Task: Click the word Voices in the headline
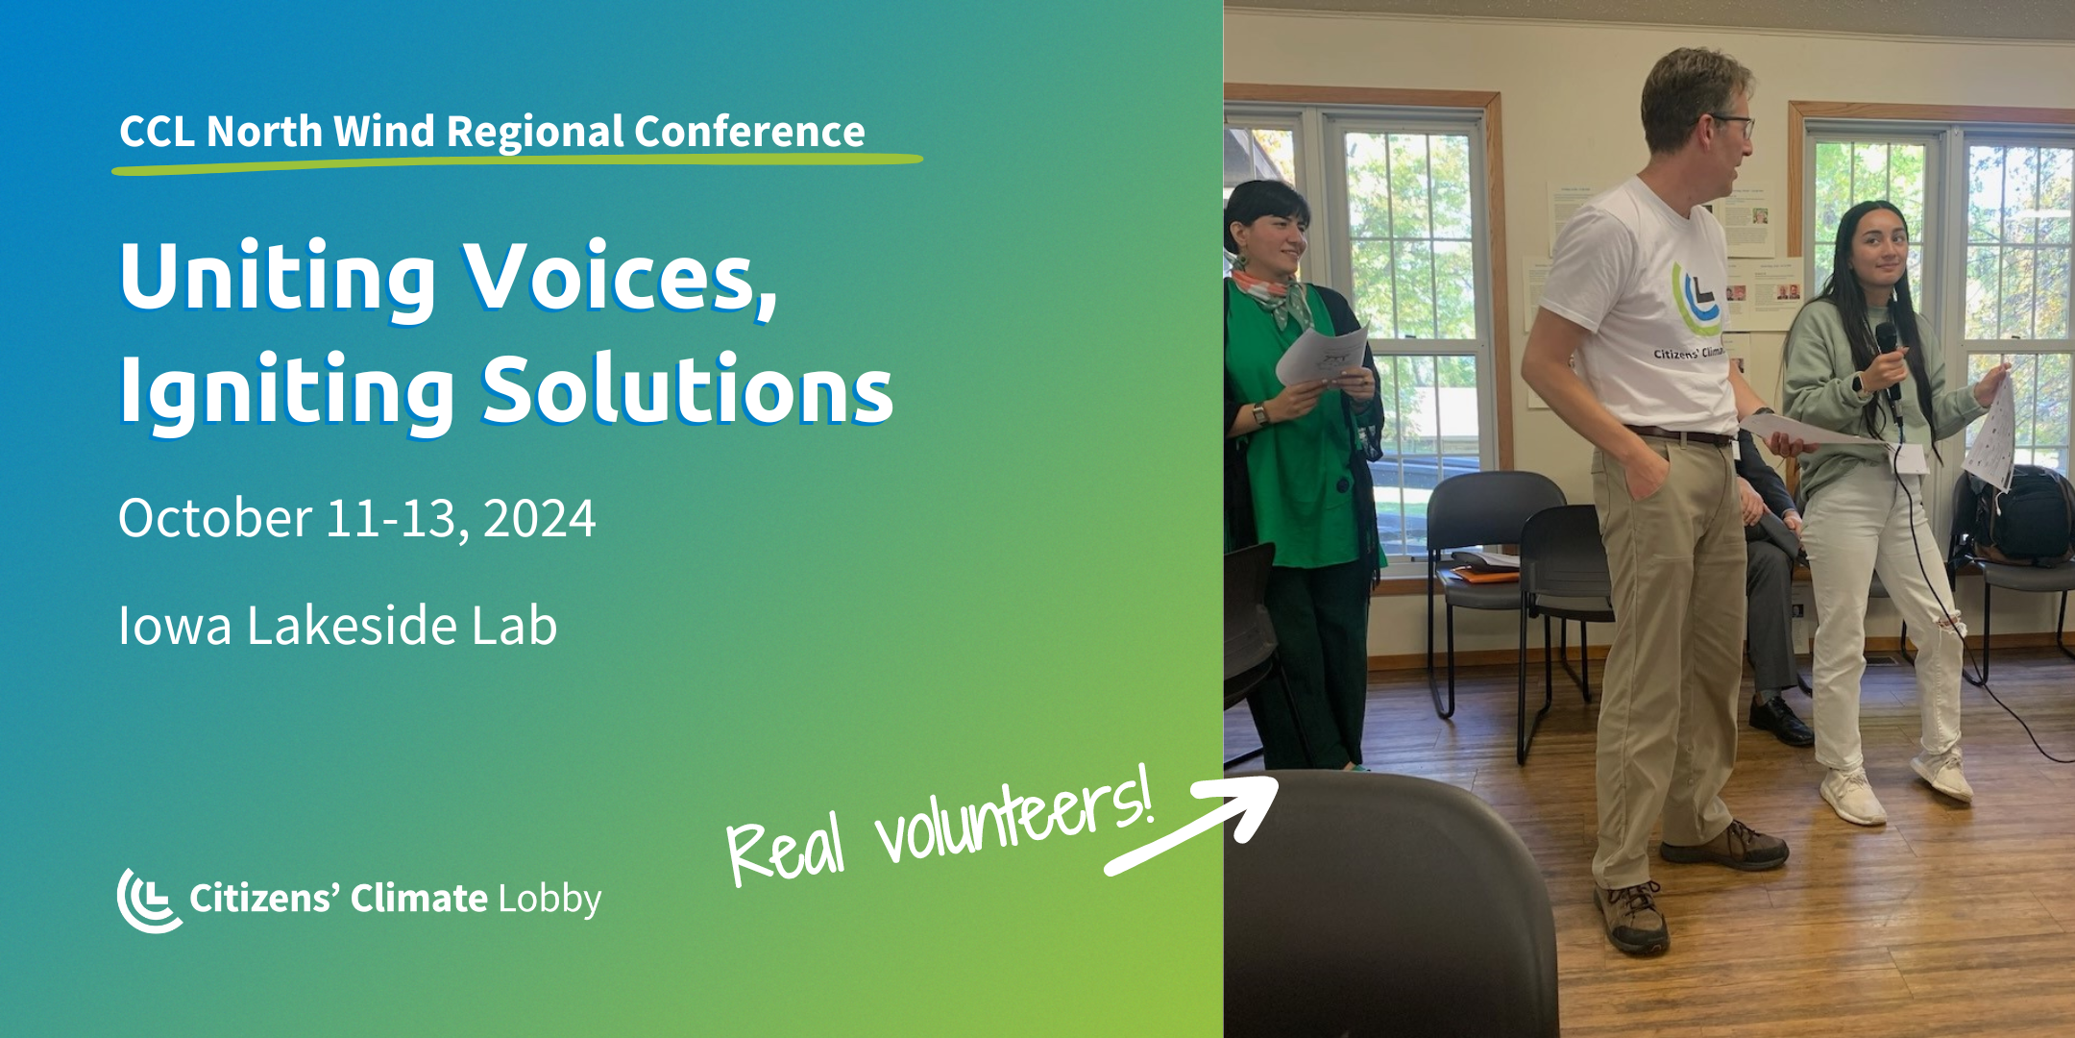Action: [620, 279]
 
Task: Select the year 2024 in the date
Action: [539, 519]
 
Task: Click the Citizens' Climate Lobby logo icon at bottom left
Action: [148, 901]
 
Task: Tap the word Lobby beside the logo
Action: [549, 899]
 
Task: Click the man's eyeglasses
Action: [1734, 125]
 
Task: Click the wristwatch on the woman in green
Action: [1259, 414]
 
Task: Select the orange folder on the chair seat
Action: [1485, 575]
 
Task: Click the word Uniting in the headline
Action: [279, 279]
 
